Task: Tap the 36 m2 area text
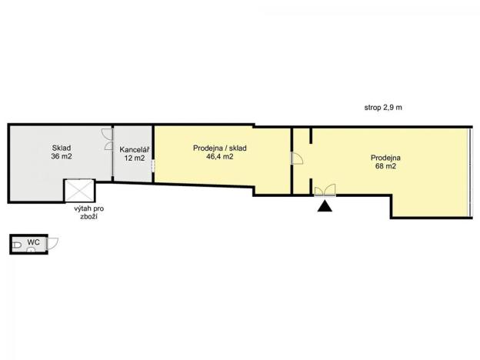tap(62, 156)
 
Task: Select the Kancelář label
tap(134, 148)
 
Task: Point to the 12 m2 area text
tap(134, 158)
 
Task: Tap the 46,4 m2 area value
tap(220, 156)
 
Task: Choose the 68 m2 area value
tap(385, 166)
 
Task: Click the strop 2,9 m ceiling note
tap(383, 107)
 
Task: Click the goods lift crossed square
tap(79, 192)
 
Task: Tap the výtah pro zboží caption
tap(85, 213)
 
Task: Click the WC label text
tap(33, 243)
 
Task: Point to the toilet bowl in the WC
tap(16, 245)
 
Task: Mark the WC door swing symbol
tap(52, 242)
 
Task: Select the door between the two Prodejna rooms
tap(297, 158)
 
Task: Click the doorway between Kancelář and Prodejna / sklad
tap(153, 165)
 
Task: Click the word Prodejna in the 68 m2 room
tap(385, 157)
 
